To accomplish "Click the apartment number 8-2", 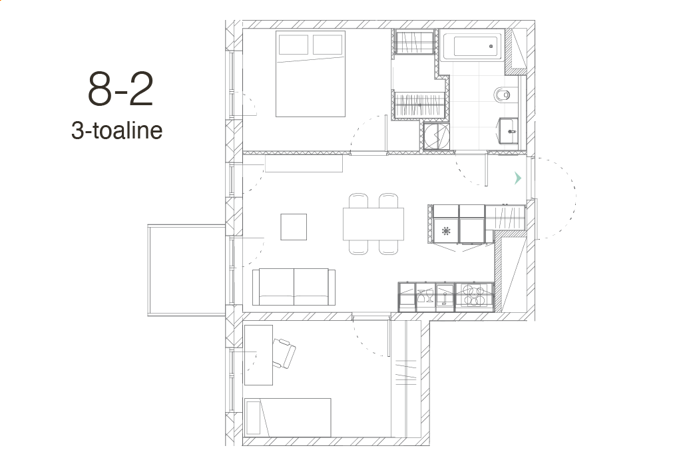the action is (120, 89).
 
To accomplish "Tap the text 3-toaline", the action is (116, 130).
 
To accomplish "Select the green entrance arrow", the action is (517, 178).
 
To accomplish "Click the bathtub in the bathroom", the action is (475, 46).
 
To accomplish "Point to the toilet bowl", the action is (503, 95).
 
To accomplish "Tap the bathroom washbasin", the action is (508, 130).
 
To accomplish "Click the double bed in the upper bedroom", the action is (311, 74).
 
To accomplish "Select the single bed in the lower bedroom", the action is (288, 418).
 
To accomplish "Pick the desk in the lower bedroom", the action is (258, 355).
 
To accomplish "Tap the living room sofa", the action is (294, 287).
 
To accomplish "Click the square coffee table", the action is (294, 227).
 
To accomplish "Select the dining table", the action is (373, 224).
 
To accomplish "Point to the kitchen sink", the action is (445, 296).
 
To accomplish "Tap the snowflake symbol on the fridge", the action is (446, 231).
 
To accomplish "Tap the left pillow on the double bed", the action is (294, 44).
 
